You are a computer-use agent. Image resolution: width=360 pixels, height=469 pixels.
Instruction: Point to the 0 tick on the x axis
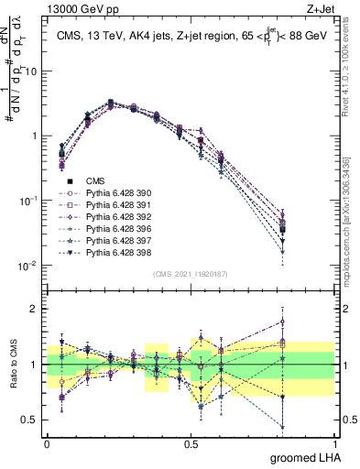point(46,444)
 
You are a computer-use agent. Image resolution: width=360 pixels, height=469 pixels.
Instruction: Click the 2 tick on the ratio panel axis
point(36,309)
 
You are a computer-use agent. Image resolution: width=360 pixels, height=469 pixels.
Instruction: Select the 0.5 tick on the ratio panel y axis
point(31,421)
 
